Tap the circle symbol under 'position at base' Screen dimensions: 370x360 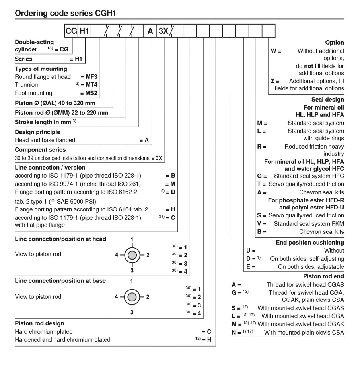tap(132, 297)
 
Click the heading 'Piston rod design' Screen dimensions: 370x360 tap(39, 323)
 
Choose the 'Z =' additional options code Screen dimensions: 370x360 tap(275, 81)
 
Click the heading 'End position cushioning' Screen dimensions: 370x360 tap(310, 243)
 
